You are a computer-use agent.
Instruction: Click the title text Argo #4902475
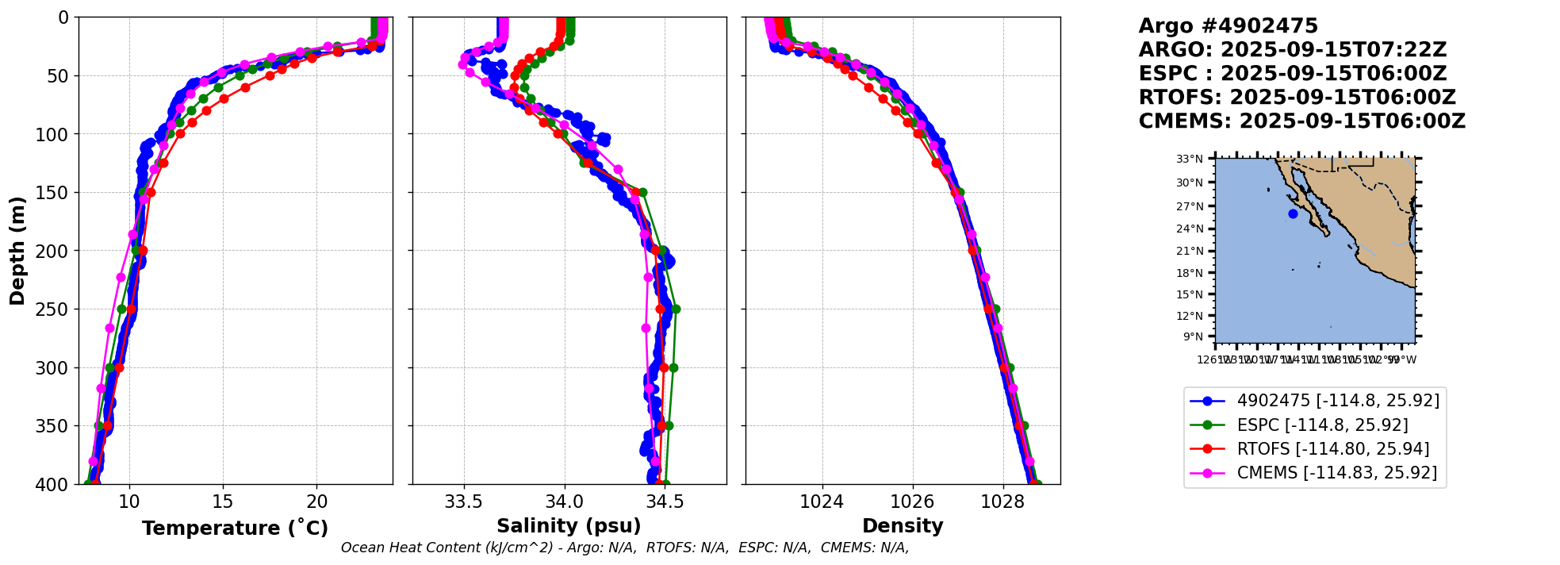click(x=1228, y=26)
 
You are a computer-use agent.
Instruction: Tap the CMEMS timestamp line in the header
click(x=1301, y=121)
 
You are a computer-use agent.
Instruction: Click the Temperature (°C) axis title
click(x=235, y=528)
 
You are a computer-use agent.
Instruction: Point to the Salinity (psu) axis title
click(x=569, y=526)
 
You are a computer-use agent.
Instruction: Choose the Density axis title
click(x=903, y=526)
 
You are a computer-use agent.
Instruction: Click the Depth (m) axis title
click(x=17, y=251)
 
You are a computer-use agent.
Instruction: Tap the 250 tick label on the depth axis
click(x=56, y=309)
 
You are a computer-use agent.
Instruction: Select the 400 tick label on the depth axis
click(x=56, y=484)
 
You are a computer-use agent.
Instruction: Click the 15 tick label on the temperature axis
click(x=223, y=502)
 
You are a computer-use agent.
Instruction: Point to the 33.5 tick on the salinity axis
click(x=463, y=502)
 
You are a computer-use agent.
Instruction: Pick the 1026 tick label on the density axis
click(x=912, y=502)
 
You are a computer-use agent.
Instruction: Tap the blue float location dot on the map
click(x=1293, y=213)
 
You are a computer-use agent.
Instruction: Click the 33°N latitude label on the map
click(x=1189, y=159)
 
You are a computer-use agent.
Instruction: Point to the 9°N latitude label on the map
click(x=1193, y=336)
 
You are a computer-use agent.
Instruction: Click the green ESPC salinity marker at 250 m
click(x=676, y=309)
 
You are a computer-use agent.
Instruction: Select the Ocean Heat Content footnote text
click(x=624, y=548)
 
